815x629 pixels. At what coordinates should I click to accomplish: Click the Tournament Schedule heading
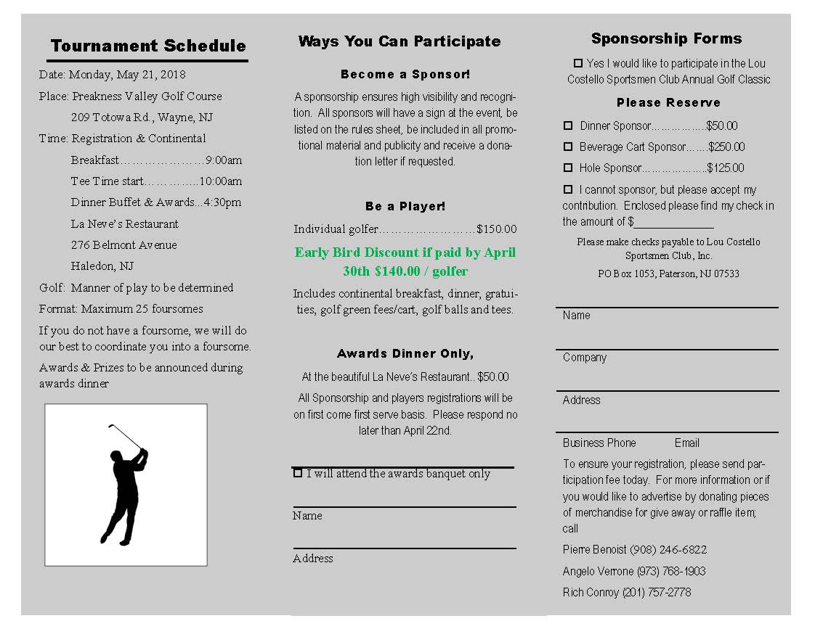(x=148, y=46)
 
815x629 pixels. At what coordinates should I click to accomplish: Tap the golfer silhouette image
(x=126, y=485)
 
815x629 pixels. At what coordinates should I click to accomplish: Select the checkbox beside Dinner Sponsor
(x=568, y=126)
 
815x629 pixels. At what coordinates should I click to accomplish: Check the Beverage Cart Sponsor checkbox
(x=568, y=147)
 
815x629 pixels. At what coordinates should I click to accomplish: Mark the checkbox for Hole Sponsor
(x=568, y=168)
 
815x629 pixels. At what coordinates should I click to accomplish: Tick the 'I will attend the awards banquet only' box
(x=298, y=473)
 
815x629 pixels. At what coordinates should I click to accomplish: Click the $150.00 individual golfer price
(x=497, y=229)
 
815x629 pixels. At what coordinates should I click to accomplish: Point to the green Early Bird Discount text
(x=405, y=262)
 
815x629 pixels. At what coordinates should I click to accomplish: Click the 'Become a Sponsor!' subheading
(x=405, y=74)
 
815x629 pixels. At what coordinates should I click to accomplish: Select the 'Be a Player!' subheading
(x=405, y=207)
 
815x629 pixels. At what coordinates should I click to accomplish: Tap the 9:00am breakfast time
(x=224, y=160)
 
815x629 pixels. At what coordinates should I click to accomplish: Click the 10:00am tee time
(x=221, y=181)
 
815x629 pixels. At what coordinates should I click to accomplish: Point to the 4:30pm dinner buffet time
(x=222, y=202)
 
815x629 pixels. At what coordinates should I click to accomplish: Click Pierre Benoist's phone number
(x=668, y=550)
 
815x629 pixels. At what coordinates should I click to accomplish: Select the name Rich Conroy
(x=591, y=593)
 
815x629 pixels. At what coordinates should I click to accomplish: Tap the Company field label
(x=584, y=358)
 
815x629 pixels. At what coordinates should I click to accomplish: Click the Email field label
(x=686, y=443)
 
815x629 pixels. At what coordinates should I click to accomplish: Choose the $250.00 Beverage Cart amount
(x=726, y=147)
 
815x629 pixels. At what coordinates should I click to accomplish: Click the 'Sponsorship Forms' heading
(x=666, y=38)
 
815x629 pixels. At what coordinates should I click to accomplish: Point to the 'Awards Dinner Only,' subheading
(x=405, y=354)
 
